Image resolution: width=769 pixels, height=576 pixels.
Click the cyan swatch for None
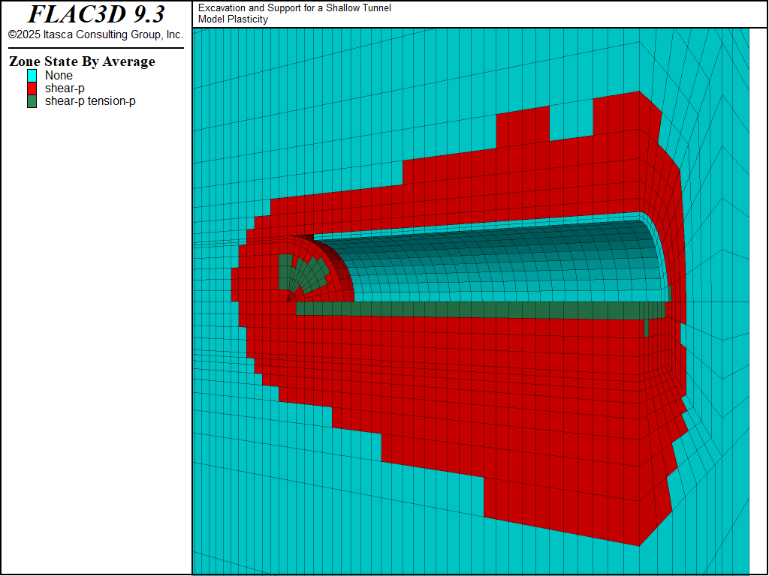tap(32, 76)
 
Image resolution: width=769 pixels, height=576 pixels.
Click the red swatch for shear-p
tap(32, 88)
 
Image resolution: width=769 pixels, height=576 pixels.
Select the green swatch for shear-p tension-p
tap(32, 101)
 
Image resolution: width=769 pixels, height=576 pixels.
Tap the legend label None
tap(59, 76)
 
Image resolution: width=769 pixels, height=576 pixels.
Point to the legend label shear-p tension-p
tap(90, 101)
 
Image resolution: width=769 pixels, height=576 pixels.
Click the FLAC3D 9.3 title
tap(96, 14)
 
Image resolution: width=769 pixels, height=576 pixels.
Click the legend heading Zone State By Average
tap(82, 61)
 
